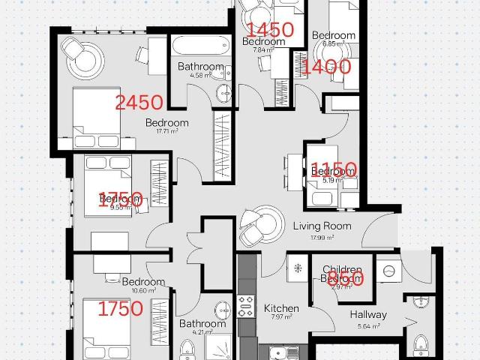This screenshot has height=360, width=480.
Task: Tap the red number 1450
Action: pos(270,30)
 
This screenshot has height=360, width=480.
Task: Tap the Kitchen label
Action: pos(281,308)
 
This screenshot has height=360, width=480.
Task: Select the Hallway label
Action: pos(367,315)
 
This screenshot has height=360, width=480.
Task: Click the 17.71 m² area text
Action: pos(166,131)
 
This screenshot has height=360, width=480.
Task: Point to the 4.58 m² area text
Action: pos(201,75)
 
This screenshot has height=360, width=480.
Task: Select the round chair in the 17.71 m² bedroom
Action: pos(88,55)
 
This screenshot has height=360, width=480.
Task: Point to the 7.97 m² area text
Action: pos(281,318)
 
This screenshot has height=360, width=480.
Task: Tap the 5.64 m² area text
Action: pos(367,325)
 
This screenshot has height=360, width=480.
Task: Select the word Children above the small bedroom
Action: pos(342,269)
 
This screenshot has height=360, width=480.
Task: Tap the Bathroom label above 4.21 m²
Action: pos(202,324)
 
